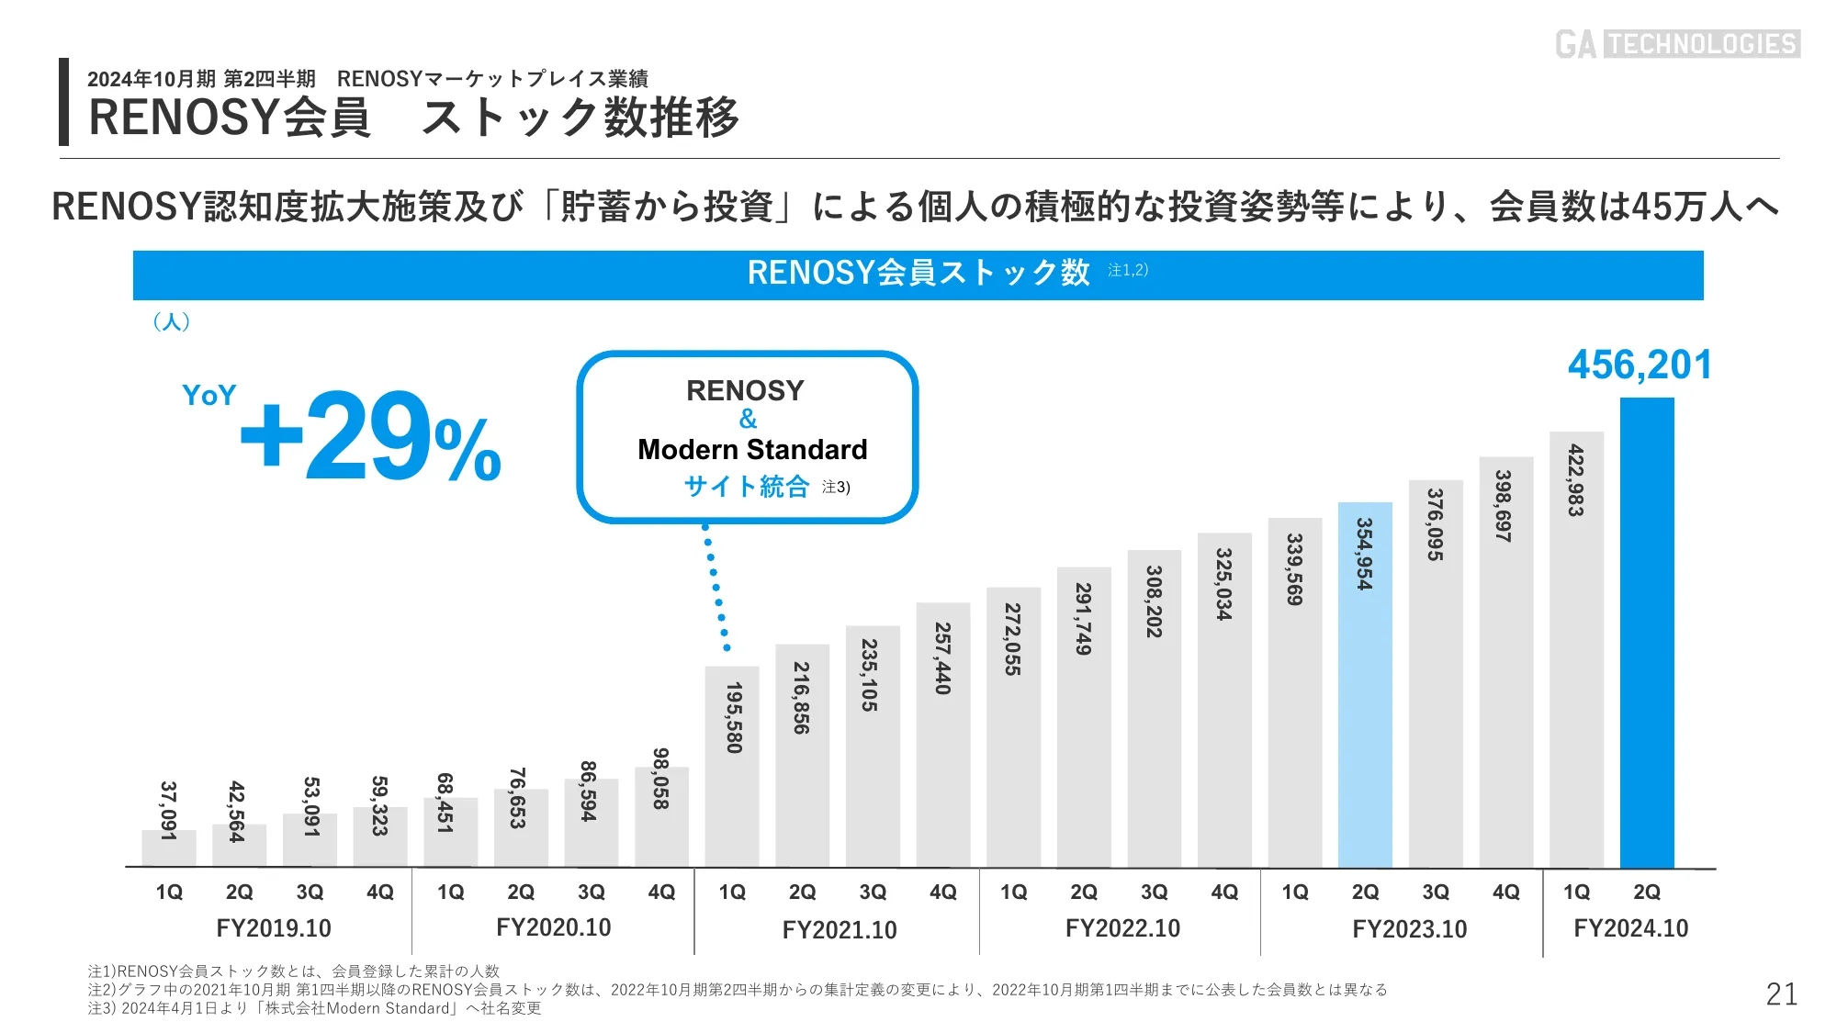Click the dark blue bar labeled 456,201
coord(1647,634)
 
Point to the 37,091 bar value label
coord(168,810)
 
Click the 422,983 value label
coord(1576,480)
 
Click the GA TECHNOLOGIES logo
coord(1677,44)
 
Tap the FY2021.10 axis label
coord(839,930)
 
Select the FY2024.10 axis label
coord(1630,928)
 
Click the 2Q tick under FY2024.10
coord(1647,892)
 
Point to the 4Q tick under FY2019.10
coord(380,892)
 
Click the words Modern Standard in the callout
coord(752,449)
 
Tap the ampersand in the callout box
coord(748,420)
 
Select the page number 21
coord(1781,994)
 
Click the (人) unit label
coord(172,321)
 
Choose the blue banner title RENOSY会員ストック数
coord(918,273)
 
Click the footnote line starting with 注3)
coord(314,1008)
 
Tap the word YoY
coord(208,395)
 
